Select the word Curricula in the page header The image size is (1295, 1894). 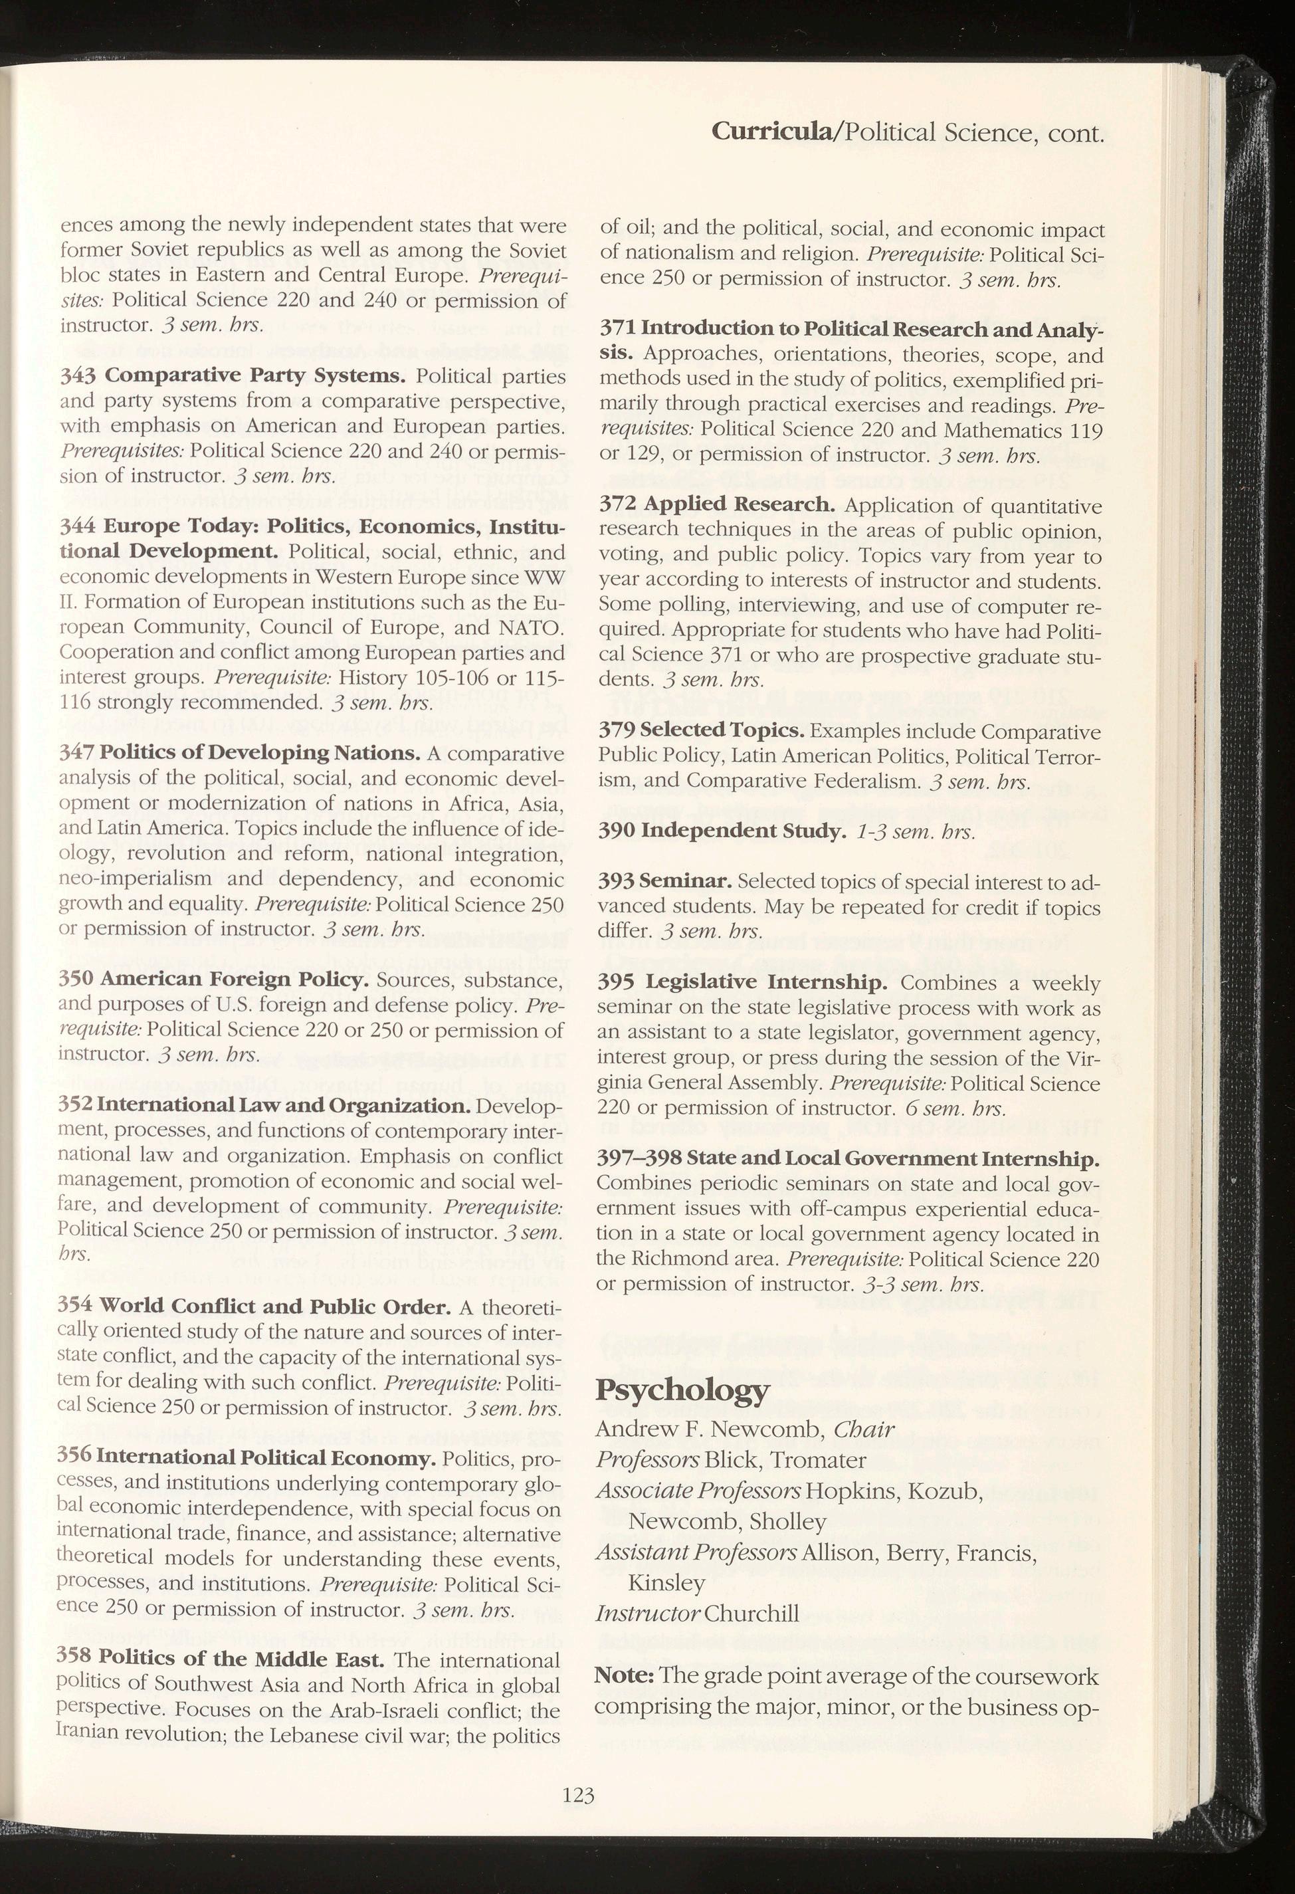pyautogui.click(x=773, y=132)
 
